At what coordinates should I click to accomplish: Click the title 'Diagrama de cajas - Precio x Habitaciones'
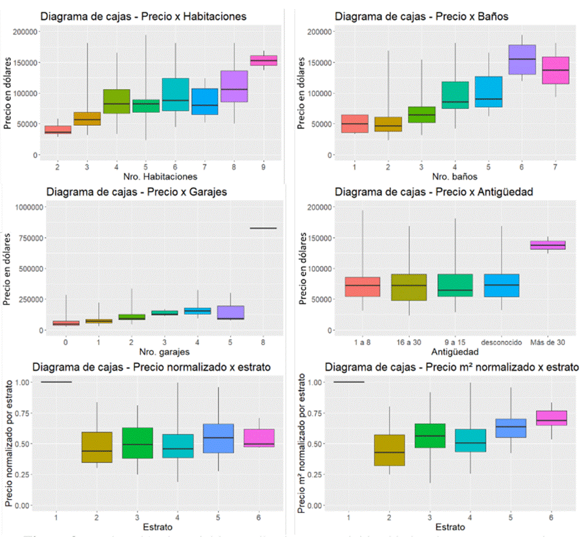(143, 16)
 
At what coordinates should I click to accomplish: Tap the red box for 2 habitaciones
(58, 130)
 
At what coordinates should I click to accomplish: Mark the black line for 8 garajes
(263, 228)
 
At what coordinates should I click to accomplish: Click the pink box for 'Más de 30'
(547, 245)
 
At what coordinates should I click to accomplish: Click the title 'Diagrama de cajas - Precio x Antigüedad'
(434, 192)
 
